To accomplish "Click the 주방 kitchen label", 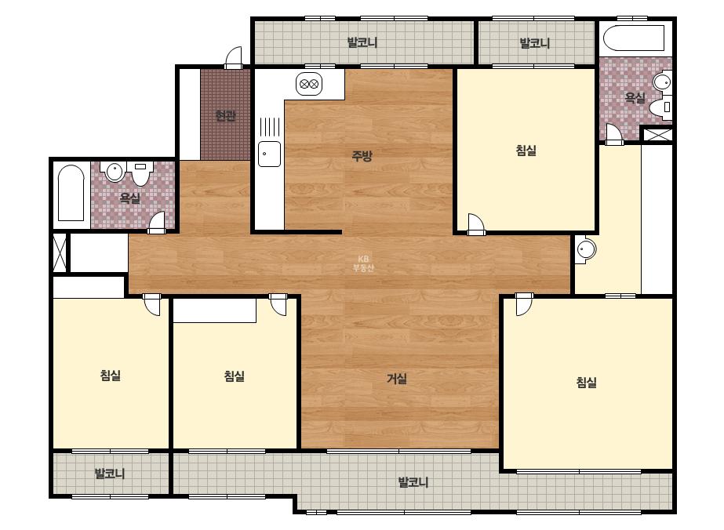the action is [x=362, y=156].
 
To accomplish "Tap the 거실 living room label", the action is [x=397, y=379].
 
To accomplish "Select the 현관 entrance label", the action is [x=225, y=115].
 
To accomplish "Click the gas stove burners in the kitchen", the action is [x=309, y=84].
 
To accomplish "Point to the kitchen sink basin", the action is [x=269, y=154].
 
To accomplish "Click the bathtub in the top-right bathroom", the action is [x=634, y=38].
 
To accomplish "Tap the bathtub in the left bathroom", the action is [x=71, y=194].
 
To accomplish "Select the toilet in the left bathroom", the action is [x=140, y=173].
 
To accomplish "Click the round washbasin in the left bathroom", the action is [x=114, y=172].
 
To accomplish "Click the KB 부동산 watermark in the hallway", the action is [x=363, y=263].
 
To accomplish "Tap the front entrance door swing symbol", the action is [x=234, y=58].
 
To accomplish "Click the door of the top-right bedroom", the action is [x=476, y=224].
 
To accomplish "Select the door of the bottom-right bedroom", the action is [x=524, y=304].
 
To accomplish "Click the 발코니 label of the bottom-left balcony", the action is [x=110, y=474].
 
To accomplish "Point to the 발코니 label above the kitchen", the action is [x=362, y=42].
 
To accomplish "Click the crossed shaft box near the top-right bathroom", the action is [x=657, y=135].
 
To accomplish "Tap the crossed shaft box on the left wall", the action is [x=60, y=253].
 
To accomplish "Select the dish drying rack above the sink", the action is [x=270, y=126].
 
